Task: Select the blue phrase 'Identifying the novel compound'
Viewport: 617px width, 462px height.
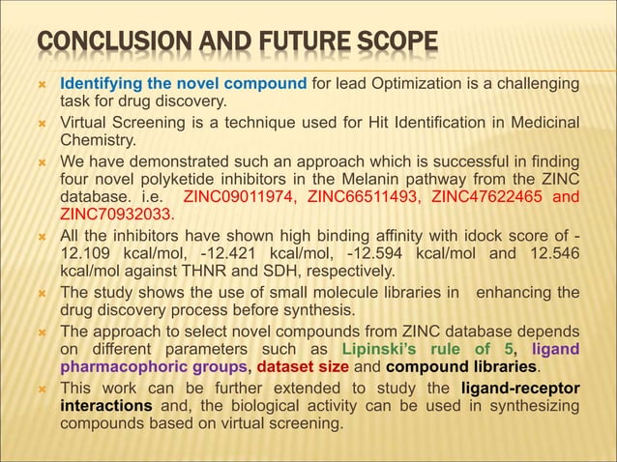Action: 184,83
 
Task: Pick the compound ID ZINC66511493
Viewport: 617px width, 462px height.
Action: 363,197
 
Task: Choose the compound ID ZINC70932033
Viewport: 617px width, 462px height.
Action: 116,214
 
